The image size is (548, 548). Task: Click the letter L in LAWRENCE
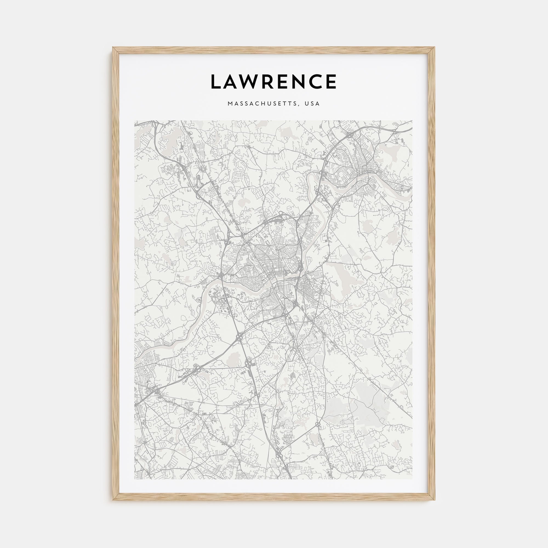(x=217, y=82)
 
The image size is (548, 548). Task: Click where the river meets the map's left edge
(x=135, y=361)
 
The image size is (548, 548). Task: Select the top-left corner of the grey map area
(x=135, y=121)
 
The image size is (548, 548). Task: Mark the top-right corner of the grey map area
(x=412, y=121)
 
